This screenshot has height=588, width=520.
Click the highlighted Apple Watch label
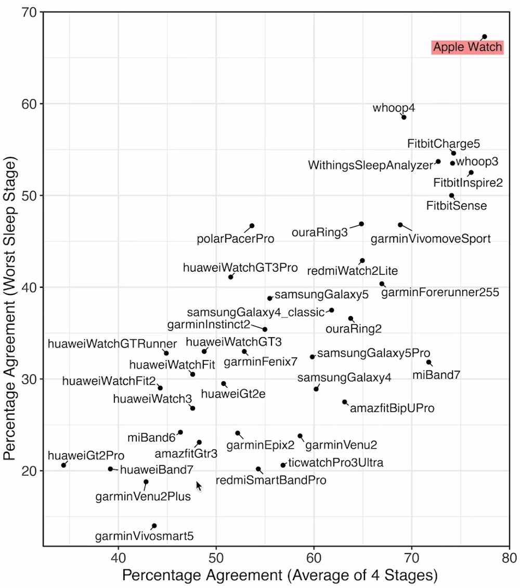click(x=467, y=47)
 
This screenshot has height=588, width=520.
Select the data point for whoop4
click(x=404, y=117)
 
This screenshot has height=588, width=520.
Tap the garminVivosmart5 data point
click(x=154, y=526)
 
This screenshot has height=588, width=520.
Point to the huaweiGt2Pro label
click(x=86, y=456)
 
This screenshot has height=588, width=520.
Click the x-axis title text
click(x=279, y=576)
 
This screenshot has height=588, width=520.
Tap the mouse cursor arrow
click(x=199, y=486)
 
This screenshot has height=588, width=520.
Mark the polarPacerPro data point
click(x=252, y=226)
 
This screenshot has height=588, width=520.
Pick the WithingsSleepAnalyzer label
click(x=370, y=165)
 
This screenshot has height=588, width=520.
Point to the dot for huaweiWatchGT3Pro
click(x=231, y=277)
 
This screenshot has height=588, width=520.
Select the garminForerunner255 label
click(x=440, y=292)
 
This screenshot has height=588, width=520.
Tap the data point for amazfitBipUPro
click(x=344, y=402)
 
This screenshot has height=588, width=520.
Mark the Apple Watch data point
click(x=484, y=37)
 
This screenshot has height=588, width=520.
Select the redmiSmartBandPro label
click(x=271, y=480)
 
